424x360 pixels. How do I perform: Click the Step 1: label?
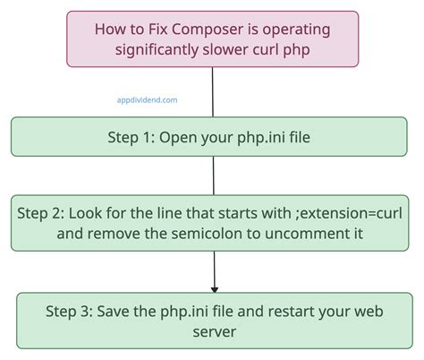click(x=134, y=138)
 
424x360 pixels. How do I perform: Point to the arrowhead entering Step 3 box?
click(x=213, y=288)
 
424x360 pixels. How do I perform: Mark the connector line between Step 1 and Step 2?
click(x=213, y=176)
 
